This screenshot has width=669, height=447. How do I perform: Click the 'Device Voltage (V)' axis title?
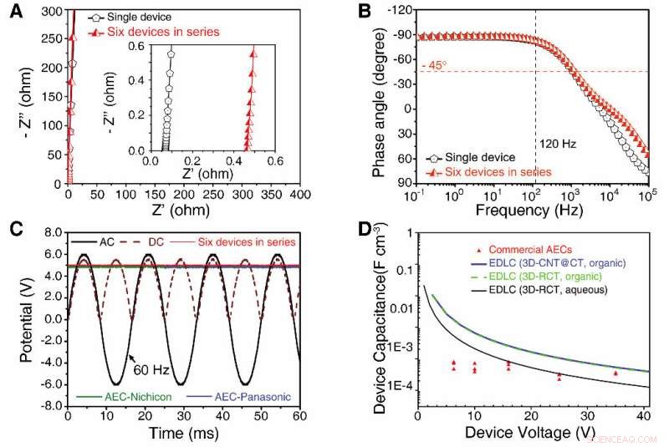click(x=530, y=434)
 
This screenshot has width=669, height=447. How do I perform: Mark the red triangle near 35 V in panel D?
click(x=616, y=373)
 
